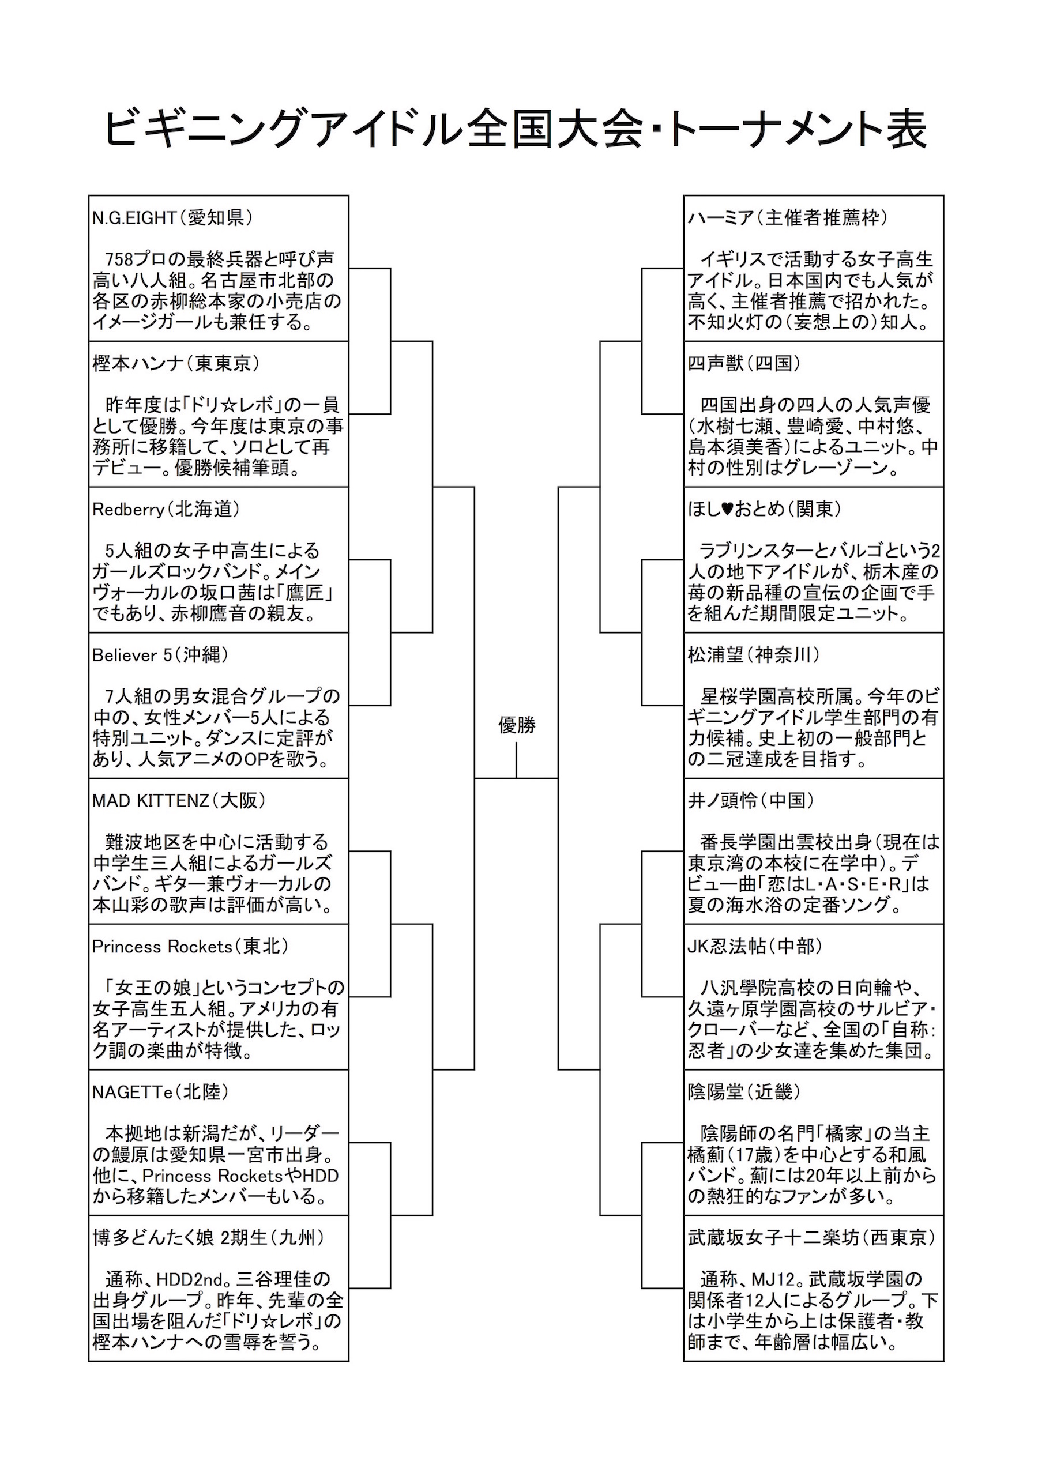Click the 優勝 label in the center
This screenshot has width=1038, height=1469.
(517, 725)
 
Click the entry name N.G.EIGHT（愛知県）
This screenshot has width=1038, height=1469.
(172, 218)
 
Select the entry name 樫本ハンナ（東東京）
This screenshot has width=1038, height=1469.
(176, 364)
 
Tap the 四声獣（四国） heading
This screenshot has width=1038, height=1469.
(744, 364)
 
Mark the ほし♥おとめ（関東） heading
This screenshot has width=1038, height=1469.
(765, 510)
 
